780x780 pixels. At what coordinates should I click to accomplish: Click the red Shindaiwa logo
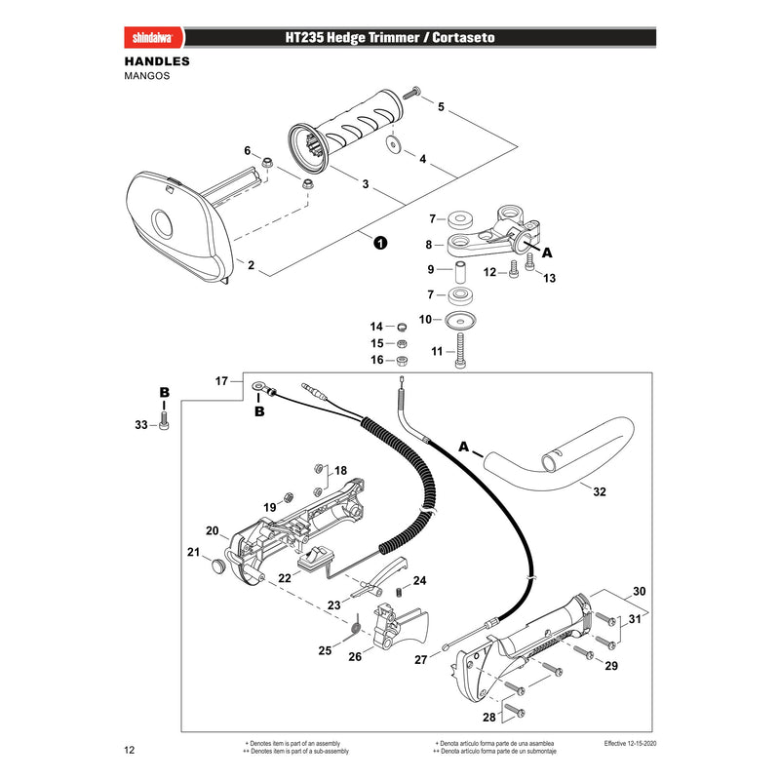point(153,37)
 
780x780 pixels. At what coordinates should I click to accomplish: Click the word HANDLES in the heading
point(157,61)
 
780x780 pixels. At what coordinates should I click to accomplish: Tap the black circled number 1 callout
point(380,243)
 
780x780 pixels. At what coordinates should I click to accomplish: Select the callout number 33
point(141,425)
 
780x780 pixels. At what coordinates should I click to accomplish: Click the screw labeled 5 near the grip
point(411,92)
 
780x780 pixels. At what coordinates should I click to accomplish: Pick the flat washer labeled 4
point(394,143)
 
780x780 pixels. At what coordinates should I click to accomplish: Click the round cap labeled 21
point(216,565)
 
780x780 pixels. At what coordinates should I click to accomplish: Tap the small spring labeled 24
point(399,592)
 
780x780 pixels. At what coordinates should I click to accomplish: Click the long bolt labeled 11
point(461,351)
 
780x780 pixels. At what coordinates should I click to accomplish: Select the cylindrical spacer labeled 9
point(460,271)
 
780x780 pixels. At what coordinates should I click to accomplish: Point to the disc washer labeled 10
point(460,320)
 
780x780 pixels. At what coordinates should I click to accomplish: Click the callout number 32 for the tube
point(600,491)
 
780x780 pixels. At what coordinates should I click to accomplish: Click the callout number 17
point(221,381)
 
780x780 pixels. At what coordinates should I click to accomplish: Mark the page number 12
point(130,750)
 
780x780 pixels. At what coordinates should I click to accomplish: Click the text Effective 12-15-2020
point(630,743)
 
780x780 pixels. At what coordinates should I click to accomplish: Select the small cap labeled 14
point(402,327)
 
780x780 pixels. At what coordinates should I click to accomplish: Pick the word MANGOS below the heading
point(147,76)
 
